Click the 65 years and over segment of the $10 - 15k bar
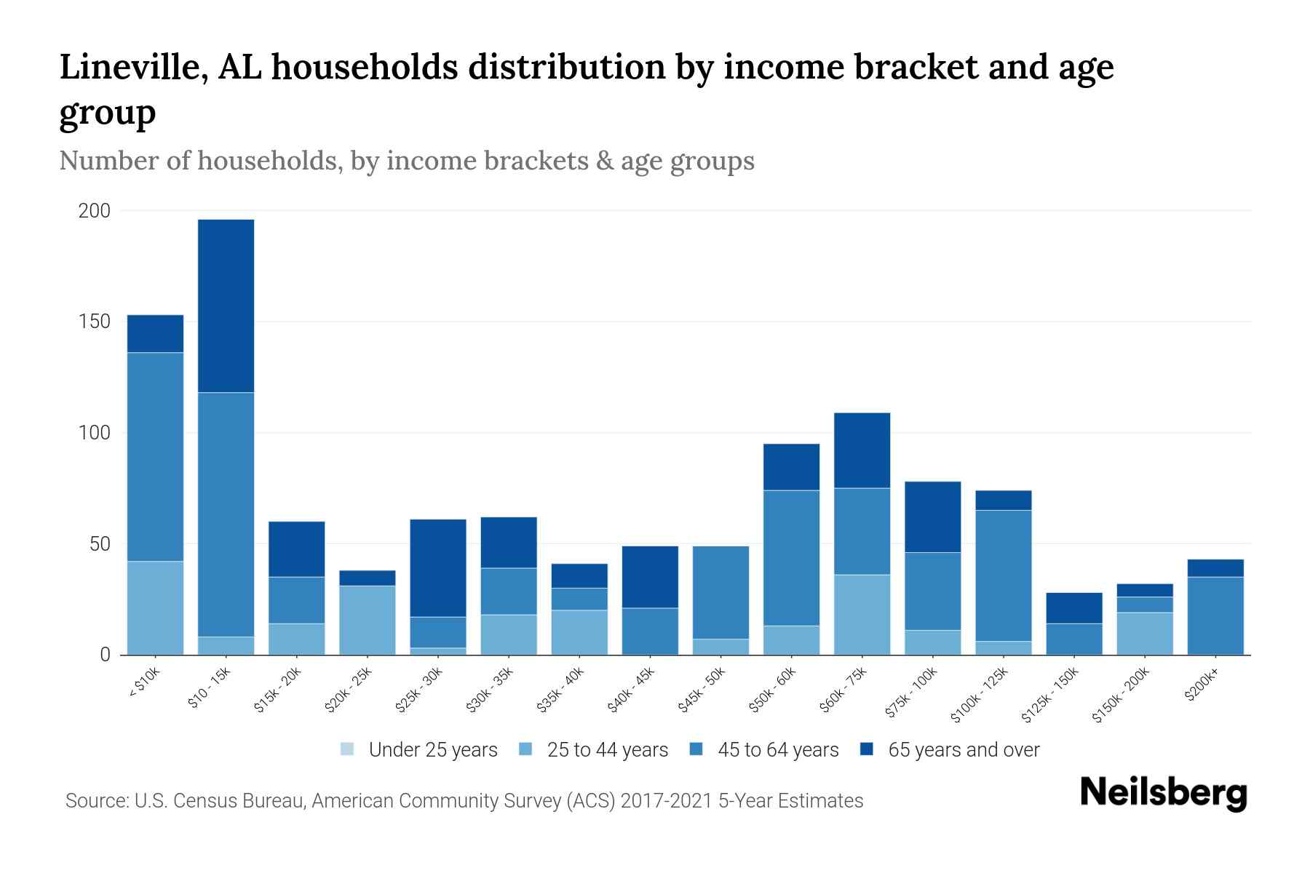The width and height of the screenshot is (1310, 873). [226, 306]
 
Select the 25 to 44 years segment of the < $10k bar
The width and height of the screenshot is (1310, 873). [155, 607]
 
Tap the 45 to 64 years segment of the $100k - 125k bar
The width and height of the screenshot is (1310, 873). [1003, 575]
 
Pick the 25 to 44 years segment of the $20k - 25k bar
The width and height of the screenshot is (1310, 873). [367, 620]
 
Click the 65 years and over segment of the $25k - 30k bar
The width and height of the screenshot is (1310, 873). [437, 567]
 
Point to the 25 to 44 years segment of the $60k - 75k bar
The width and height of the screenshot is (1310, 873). [862, 614]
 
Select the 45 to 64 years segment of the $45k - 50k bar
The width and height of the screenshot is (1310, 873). [720, 592]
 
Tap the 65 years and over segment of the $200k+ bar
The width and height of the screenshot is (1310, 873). [1215, 567]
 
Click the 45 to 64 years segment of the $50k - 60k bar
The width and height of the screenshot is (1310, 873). [791, 557]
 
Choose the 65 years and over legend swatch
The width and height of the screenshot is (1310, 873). [867, 749]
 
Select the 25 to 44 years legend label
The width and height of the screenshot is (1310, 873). [607, 750]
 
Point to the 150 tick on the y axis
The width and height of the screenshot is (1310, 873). [95, 322]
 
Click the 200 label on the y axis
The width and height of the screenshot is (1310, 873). [95, 211]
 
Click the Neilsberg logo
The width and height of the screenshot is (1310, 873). [1163, 793]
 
